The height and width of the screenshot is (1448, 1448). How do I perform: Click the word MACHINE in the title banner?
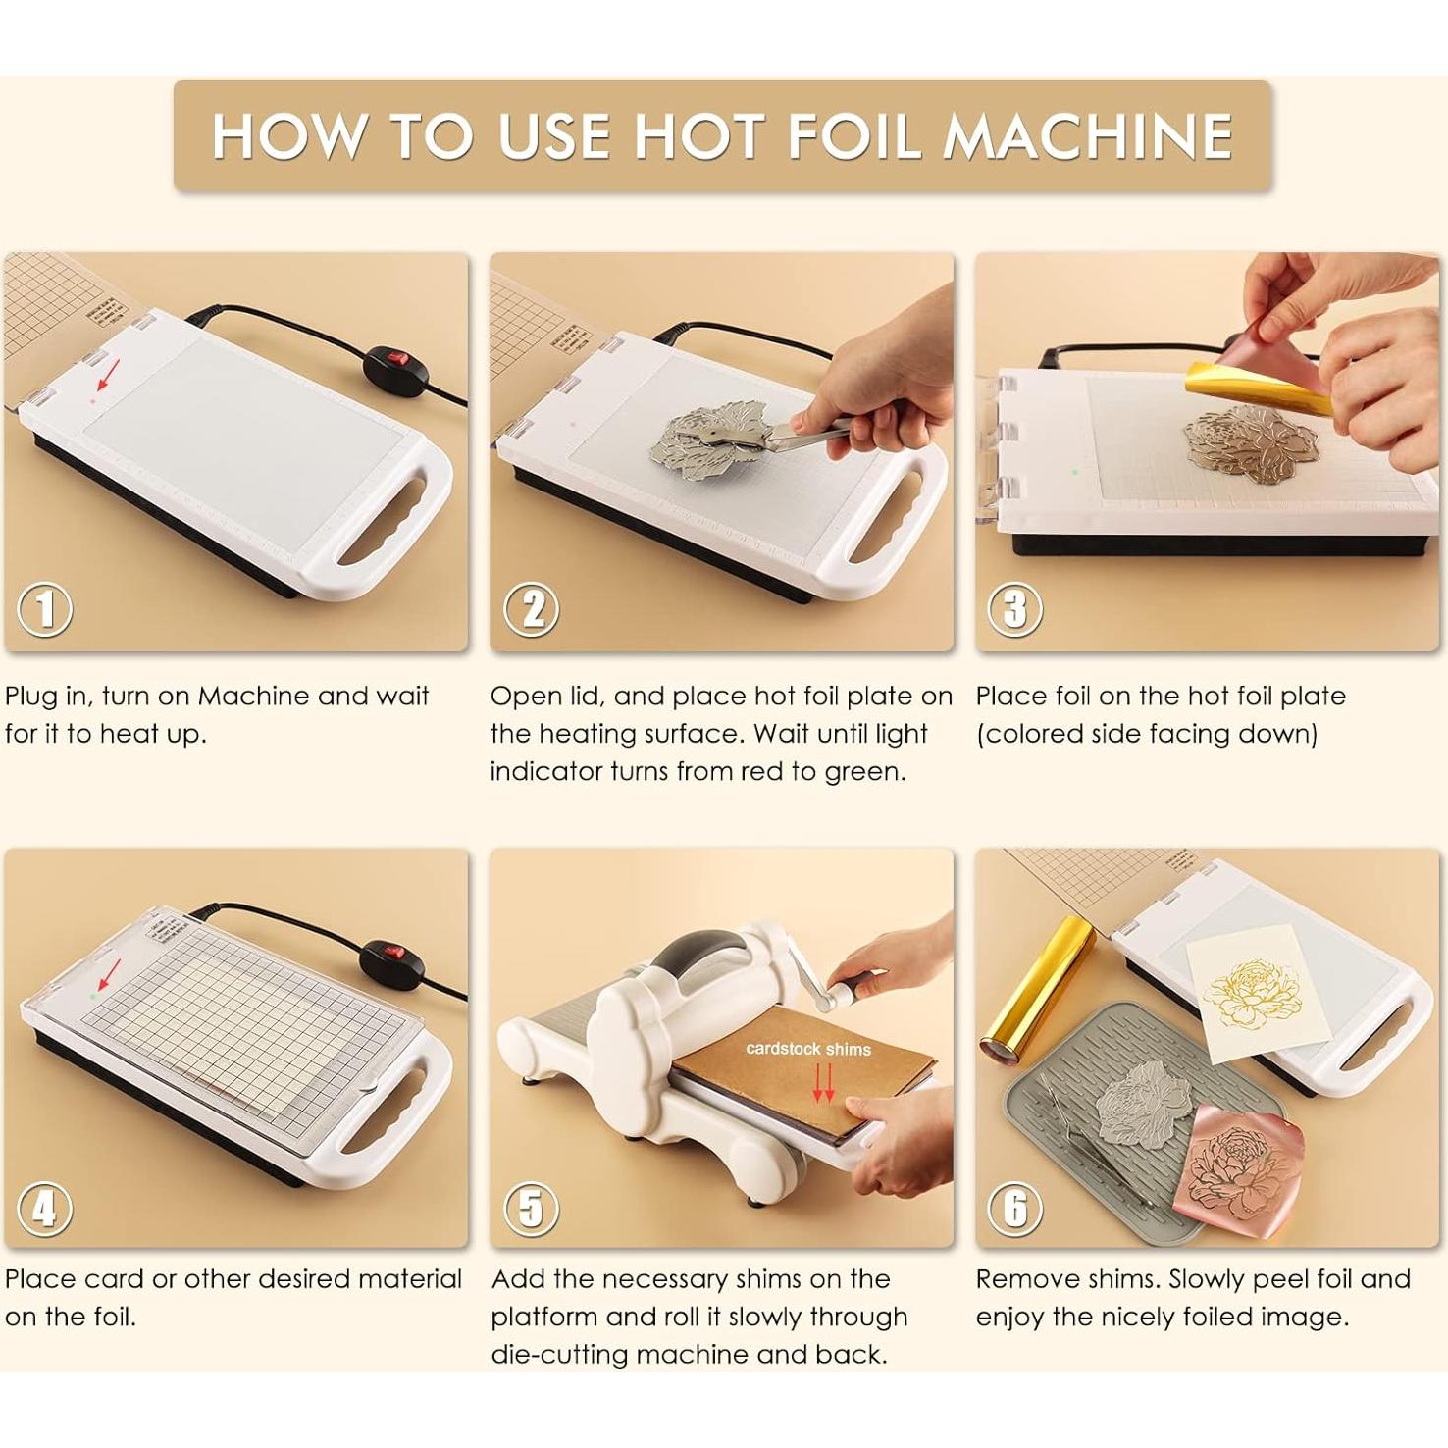click(x=1087, y=135)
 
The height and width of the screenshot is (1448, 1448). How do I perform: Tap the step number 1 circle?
click(x=45, y=609)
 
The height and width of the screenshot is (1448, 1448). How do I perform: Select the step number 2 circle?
click(x=531, y=609)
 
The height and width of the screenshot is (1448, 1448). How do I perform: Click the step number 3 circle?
click(x=1015, y=609)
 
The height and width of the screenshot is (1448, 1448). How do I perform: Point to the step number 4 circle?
click(x=45, y=1209)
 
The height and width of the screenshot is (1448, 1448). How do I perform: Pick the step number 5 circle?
click(x=531, y=1209)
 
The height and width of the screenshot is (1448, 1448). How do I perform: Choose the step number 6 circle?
click(x=1015, y=1209)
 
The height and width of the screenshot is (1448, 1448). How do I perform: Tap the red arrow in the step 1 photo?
click(x=108, y=375)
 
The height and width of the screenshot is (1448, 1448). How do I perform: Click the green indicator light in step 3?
click(x=1075, y=472)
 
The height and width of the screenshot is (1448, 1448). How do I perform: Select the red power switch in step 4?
click(x=393, y=952)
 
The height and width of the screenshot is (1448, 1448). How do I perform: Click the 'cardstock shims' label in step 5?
click(x=808, y=1049)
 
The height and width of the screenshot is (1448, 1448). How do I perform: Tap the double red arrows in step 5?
click(x=824, y=1083)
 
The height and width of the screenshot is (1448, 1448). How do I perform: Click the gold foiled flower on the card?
click(x=1253, y=994)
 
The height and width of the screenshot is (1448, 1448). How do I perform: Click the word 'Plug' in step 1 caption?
click(x=30, y=698)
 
